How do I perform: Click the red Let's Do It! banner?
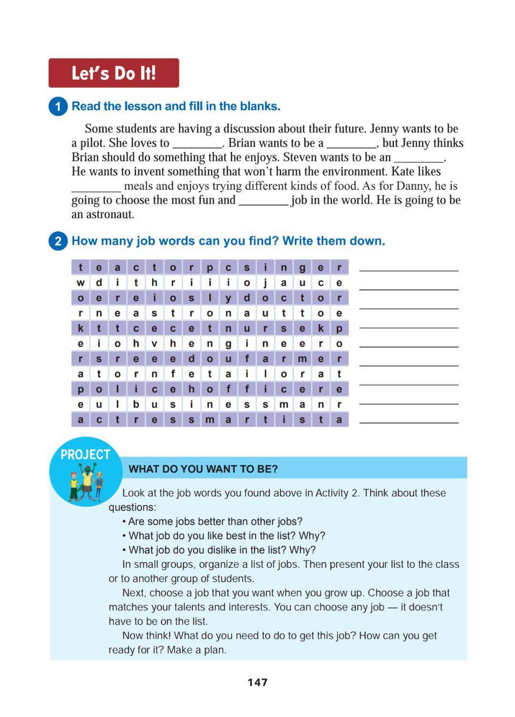(x=113, y=73)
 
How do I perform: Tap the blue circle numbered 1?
(x=58, y=106)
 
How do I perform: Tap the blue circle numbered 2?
(x=58, y=241)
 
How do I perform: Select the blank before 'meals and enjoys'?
(x=96, y=187)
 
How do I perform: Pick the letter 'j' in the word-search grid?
(x=265, y=283)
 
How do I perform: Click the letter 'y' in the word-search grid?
(x=228, y=298)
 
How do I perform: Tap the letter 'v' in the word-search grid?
(x=154, y=344)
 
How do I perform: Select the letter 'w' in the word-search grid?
(x=81, y=283)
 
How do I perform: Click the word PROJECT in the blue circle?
(x=85, y=455)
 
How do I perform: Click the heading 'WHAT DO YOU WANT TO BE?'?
(x=203, y=469)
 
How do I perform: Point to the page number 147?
(x=257, y=682)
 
